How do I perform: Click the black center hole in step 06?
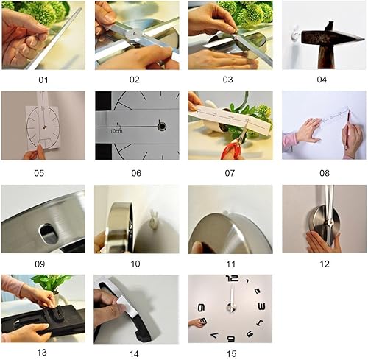click(161, 126)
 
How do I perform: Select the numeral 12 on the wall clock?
click(233, 280)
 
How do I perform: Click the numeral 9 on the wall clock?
click(201, 308)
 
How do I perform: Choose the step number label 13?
click(43, 352)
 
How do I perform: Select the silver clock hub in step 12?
click(325, 219)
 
